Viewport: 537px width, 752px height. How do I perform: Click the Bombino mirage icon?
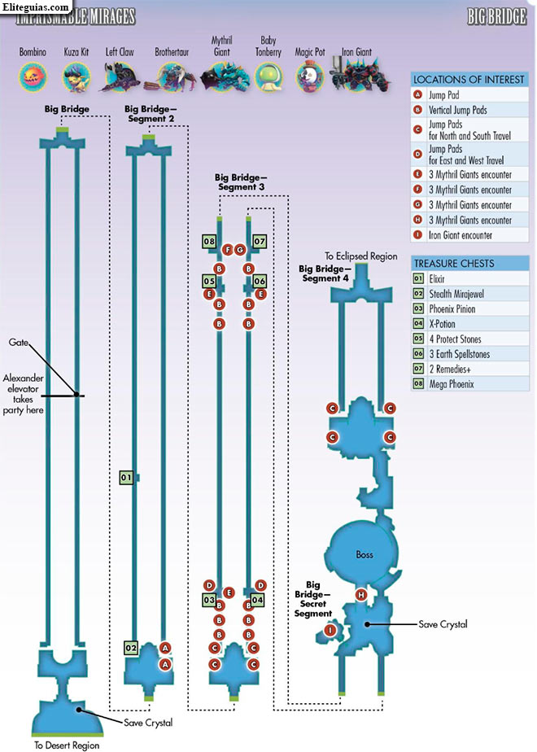tap(33, 77)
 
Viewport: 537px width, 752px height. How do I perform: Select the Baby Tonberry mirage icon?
tap(268, 77)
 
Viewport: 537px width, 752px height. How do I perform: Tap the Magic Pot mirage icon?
tap(309, 77)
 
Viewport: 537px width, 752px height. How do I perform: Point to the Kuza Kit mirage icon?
tap(76, 77)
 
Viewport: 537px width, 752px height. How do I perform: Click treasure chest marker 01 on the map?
tap(126, 477)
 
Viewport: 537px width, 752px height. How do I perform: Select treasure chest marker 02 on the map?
tap(131, 648)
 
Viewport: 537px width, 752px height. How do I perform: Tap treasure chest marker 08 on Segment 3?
tap(209, 241)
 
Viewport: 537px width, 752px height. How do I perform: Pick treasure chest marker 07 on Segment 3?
tap(260, 241)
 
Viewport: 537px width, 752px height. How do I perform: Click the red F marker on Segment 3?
tap(228, 249)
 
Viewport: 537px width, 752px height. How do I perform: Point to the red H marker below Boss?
tap(361, 595)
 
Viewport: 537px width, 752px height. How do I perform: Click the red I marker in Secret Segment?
tap(330, 630)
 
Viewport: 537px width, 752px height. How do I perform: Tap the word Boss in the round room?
tap(365, 554)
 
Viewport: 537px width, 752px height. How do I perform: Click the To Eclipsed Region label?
tap(361, 256)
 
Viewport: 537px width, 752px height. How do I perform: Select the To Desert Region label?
tap(67, 745)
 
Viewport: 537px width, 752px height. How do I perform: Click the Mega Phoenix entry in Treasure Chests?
tap(452, 384)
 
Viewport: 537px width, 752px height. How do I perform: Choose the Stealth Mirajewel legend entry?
tap(456, 294)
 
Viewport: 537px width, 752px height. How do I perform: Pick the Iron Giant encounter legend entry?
tap(461, 235)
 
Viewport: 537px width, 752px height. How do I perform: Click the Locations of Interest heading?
tap(469, 80)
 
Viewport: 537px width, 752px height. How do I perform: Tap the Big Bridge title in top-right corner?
tap(496, 17)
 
